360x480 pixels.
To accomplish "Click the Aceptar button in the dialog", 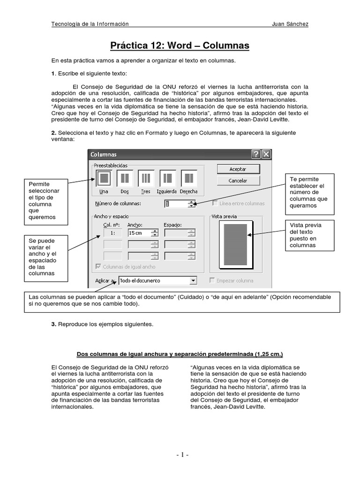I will click(238, 169).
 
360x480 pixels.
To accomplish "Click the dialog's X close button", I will click(266, 154).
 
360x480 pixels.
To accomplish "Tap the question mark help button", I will click(256, 154).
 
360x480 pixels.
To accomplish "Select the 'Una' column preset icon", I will click(104, 178).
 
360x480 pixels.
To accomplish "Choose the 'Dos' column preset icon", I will click(125, 178).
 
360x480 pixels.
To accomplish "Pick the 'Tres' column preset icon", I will click(146, 178).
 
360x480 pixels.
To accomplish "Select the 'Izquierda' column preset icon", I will click(167, 178).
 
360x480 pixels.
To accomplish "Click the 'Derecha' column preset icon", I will click(188, 178).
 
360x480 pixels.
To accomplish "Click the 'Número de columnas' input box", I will click(176, 203).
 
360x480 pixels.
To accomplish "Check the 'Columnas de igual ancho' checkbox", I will click(98, 267).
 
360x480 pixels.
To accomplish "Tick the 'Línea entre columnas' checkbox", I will click(215, 203).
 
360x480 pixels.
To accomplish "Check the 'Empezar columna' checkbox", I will click(213, 281).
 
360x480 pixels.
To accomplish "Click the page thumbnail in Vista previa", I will click(236, 245).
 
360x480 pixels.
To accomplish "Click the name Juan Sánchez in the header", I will click(290, 24).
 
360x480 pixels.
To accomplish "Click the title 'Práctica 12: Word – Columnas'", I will click(180, 45).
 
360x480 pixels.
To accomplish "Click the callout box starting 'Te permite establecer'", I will click(310, 193).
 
